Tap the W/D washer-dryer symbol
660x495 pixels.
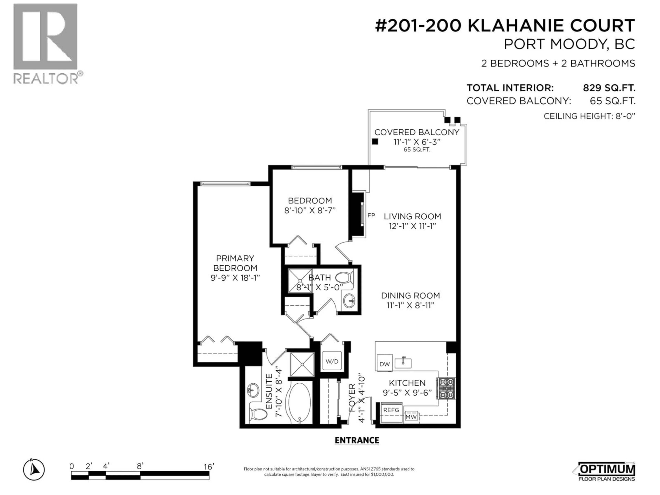(332, 361)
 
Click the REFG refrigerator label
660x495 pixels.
(391, 410)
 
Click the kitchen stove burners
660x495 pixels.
(446, 388)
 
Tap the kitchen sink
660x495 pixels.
(403, 363)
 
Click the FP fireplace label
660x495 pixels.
(371, 215)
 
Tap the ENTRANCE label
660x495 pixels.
(357, 440)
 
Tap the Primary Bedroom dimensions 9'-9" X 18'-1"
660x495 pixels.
(235, 278)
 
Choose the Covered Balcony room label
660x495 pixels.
(417, 132)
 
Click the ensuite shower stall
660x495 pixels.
(302, 364)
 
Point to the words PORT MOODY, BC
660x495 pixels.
(569, 45)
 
